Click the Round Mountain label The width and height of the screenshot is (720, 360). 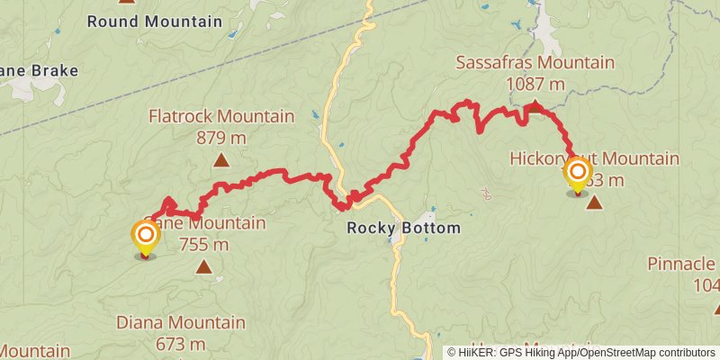pyautogui.click(x=154, y=21)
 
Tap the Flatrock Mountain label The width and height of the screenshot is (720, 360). pyautogui.click(x=221, y=116)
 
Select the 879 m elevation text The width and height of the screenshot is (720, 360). pyautogui.click(x=221, y=138)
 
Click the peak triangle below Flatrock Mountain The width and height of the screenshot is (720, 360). pyautogui.click(x=220, y=161)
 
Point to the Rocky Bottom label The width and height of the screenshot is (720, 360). pyautogui.click(x=404, y=229)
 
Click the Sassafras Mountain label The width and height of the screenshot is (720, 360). pyautogui.click(x=535, y=63)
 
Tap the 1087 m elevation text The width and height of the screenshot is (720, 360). pyautogui.click(x=535, y=85)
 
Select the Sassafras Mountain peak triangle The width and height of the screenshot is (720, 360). pyautogui.click(x=535, y=106)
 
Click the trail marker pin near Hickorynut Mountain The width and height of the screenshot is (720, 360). pyautogui.click(x=577, y=172)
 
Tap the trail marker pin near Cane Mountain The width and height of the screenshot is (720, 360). pyautogui.click(x=145, y=237)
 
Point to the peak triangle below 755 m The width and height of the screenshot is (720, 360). pyautogui.click(x=204, y=266)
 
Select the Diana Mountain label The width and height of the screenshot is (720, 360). pyautogui.click(x=181, y=322)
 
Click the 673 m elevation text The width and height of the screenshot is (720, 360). pyautogui.click(x=181, y=344)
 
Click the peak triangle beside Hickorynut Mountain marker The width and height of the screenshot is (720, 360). pyautogui.click(x=594, y=202)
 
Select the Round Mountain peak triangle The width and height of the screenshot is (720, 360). pyautogui.click(x=127, y=2)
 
